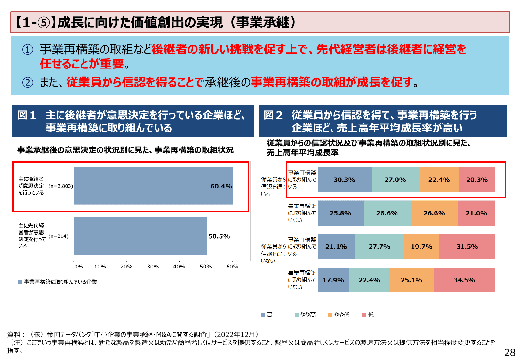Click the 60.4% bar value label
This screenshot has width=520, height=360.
pyautogui.click(x=221, y=186)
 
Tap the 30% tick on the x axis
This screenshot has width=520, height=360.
pyautogui.click(x=153, y=267)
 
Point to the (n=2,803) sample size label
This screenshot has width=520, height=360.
pyautogui.click(x=61, y=186)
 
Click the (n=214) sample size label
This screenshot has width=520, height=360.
pyautogui.click(x=59, y=236)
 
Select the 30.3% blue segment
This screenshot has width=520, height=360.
pyautogui.click(x=344, y=180)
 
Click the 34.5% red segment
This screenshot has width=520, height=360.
pyautogui.click(x=464, y=280)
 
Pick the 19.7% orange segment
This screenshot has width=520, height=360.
pyautogui.click(x=421, y=247)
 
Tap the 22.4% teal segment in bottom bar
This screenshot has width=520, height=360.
pyautogui.click(x=369, y=280)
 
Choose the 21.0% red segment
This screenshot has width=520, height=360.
pyautogui.click(x=476, y=213)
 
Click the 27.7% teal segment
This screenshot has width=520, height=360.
pyautogui.click(x=379, y=247)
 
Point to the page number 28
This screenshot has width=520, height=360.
pyautogui.click(x=510, y=352)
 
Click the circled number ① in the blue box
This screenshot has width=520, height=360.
pyautogui.click(x=28, y=50)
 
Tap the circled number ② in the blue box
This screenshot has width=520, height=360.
pyautogui.click(x=28, y=83)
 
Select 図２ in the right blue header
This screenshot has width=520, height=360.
pyautogui.click(x=273, y=115)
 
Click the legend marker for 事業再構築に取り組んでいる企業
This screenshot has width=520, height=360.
pyautogui.click(x=20, y=282)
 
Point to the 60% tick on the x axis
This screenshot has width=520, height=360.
pyautogui.click(x=232, y=267)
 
